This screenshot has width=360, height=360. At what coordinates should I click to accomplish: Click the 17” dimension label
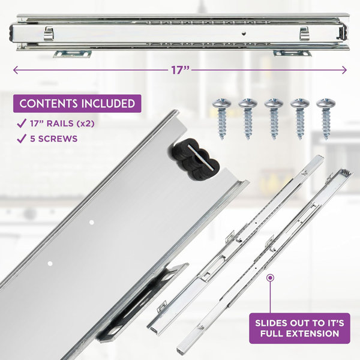click(x=180, y=70)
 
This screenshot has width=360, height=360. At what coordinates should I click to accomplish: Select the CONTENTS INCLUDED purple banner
click(x=77, y=103)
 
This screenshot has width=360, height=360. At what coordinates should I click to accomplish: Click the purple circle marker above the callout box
click(x=270, y=278)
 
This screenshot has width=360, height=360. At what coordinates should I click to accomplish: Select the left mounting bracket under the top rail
click(x=71, y=54)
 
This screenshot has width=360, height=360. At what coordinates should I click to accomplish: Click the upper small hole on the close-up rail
click(x=91, y=222)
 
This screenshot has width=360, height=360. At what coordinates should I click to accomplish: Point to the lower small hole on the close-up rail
click(x=50, y=262)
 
